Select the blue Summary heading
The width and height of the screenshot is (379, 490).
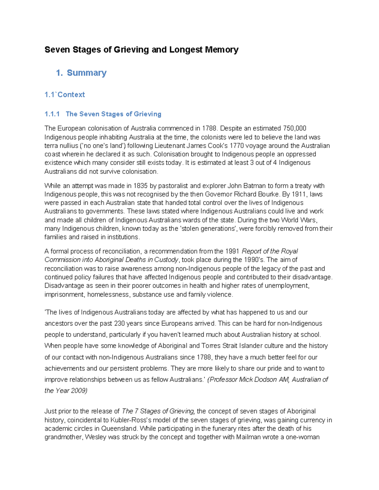pyautogui.click(x=86, y=73)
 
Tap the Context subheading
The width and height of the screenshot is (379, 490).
pyautogui.click(x=71, y=95)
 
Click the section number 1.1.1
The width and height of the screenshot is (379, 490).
pyautogui.click(x=52, y=114)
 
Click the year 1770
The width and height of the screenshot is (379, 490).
pyautogui.click(x=237, y=146)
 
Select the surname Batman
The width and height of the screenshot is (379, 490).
pyautogui.click(x=254, y=186)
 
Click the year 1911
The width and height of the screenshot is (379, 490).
pyautogui.click(x=298, y=194)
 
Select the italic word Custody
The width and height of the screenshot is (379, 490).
pyautogui.click(x=167, y=260)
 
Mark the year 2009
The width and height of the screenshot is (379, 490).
pyautogui.click(x=79, y=391)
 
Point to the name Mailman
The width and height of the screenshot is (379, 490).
pyautogui.click(x=248, y=437)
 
